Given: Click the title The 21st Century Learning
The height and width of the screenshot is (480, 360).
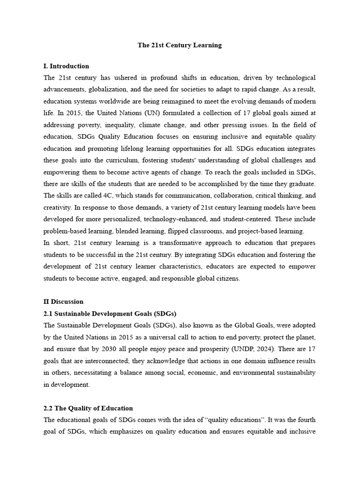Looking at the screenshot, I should pos(180,45).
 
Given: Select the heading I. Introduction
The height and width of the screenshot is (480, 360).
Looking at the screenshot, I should pos(66,66).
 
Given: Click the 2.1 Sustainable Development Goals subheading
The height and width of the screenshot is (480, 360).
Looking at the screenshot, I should pos(110,314).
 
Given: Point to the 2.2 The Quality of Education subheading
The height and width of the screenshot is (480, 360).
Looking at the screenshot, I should pos(88,408).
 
